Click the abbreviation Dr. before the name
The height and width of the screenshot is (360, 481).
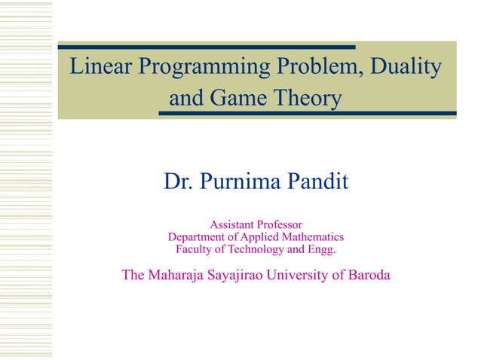tap(178, 182)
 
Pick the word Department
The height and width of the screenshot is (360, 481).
tap(198, 236)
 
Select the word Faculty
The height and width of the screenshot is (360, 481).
tap(194, 249)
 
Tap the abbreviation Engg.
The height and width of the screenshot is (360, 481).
tap(320, 249)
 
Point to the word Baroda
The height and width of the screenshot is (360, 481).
tap(365, 275)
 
